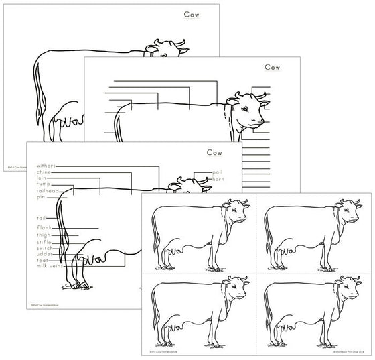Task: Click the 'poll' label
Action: pos(218,172)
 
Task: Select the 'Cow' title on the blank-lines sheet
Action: pos(272,66)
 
